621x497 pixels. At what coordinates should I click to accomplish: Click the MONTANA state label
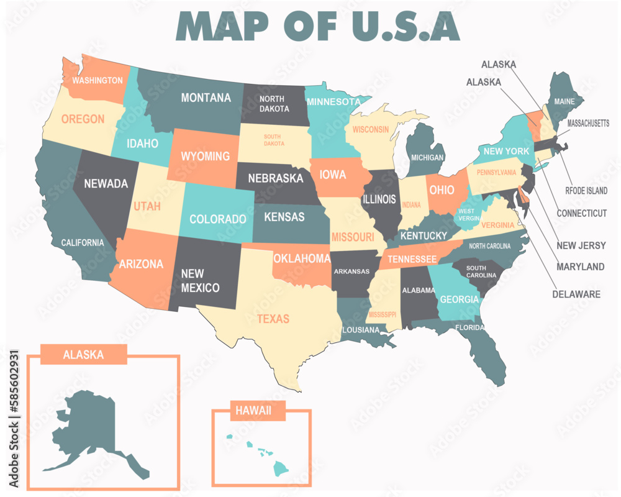pos(206,98)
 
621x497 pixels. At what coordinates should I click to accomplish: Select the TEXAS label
pos(273,319)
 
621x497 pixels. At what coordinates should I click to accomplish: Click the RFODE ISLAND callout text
pos(586,191)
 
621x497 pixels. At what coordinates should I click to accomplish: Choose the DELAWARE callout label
pos(576,294)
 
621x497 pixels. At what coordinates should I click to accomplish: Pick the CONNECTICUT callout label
pos(581,213)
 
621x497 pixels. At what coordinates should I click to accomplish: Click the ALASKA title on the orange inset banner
pos(83,355)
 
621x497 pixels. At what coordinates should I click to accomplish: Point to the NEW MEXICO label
pos(200,280)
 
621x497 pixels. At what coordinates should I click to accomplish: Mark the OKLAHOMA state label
pos(301,258)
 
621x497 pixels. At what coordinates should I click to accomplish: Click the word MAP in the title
pos(224,25)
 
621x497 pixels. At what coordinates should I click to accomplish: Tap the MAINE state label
pos(564,101)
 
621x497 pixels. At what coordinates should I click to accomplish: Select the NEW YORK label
pos(506,151)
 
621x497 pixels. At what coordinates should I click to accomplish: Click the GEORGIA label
pos(459,299)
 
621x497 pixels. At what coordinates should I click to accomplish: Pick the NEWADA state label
pos(106,183)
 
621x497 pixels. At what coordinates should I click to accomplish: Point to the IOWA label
pos(333,175)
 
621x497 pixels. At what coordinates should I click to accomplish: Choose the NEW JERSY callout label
pos(581,245)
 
